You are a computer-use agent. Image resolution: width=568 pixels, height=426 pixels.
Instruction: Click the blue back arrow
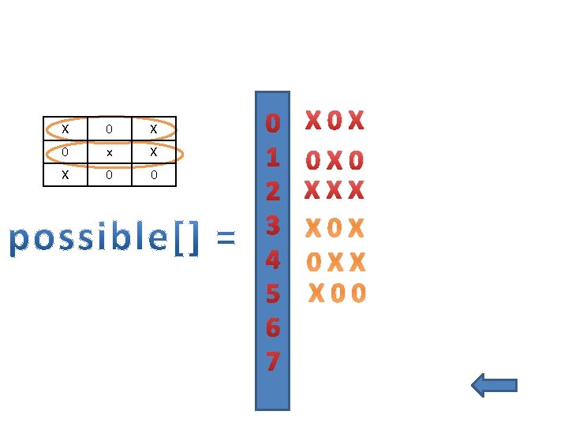pos(494,385)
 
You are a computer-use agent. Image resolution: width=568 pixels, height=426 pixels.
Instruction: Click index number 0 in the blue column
pos(272,124)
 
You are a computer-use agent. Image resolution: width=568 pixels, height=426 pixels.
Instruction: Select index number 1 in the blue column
pos(272,158)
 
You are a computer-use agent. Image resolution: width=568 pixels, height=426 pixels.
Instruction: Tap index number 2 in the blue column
pos(272,192)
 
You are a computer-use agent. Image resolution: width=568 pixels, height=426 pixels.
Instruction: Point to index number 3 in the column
pos(272,226)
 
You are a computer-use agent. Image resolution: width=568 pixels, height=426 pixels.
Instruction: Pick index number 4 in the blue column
pos(272,260)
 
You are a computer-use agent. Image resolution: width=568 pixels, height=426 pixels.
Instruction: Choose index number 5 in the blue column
pos(272,293)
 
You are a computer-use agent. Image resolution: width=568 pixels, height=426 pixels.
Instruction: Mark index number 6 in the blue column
pos(272,327)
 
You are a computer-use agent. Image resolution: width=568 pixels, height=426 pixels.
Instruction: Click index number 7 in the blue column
pos(272,361)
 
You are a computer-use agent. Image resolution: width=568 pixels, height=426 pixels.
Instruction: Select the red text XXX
pos(334,191)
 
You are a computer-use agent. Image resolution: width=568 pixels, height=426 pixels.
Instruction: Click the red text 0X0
pos(335,161)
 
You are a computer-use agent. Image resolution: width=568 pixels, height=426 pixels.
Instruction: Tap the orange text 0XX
pos(336,262)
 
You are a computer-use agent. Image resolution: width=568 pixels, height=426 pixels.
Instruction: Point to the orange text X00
pos(337,293)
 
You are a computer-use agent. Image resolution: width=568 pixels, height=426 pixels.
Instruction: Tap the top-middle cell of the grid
pos(110,129)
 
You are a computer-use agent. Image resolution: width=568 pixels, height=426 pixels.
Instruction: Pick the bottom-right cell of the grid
pos(154,174)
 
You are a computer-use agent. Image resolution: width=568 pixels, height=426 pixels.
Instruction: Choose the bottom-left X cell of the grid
pos(65,174)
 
